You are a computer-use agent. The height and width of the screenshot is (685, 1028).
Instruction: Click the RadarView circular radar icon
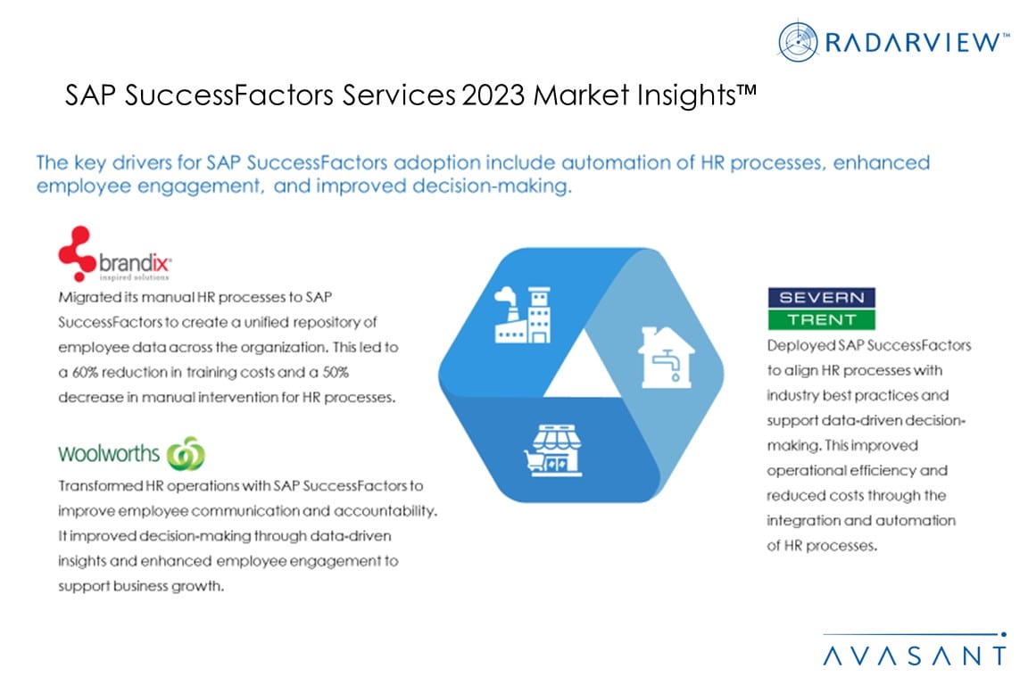point(797,41)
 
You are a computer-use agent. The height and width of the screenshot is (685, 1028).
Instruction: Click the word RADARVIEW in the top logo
point(912,43)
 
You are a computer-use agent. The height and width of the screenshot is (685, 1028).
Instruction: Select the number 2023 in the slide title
point(493,95)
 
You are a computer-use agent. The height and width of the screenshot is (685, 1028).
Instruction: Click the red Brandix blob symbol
point(77,253)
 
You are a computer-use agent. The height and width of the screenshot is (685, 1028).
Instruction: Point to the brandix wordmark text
point(135,263)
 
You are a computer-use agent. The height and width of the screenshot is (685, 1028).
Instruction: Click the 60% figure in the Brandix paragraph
point(85,372)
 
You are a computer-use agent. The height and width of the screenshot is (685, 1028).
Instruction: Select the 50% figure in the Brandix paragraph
point(335,372)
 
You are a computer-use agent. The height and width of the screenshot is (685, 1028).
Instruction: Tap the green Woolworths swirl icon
point(186,454)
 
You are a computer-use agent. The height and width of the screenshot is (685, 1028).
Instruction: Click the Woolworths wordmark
point(109,454)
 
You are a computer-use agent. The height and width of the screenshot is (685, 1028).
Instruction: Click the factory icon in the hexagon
point(523,315)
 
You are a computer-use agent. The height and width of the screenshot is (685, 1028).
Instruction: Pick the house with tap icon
point(666,358)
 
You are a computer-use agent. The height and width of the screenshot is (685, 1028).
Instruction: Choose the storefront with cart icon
point(552,450)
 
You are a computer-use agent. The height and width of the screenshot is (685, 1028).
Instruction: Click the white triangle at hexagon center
point(583,367)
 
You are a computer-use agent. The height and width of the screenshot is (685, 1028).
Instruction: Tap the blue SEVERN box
point(822,298)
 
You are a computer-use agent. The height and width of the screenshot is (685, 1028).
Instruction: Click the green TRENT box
point(822,319)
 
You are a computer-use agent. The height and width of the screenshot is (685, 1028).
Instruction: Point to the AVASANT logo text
point(914,656)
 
